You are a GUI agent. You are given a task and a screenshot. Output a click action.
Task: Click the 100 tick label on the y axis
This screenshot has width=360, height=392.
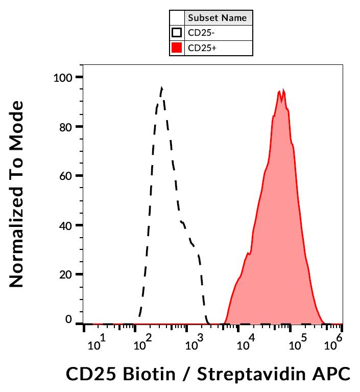click(63, 78)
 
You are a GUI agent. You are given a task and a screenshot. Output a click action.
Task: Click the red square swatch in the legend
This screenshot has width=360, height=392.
click(177, 49)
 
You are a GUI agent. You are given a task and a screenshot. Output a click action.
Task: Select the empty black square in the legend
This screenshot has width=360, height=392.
click(177, 33)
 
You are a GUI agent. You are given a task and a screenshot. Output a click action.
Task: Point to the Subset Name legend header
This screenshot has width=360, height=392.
click(218, 18)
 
